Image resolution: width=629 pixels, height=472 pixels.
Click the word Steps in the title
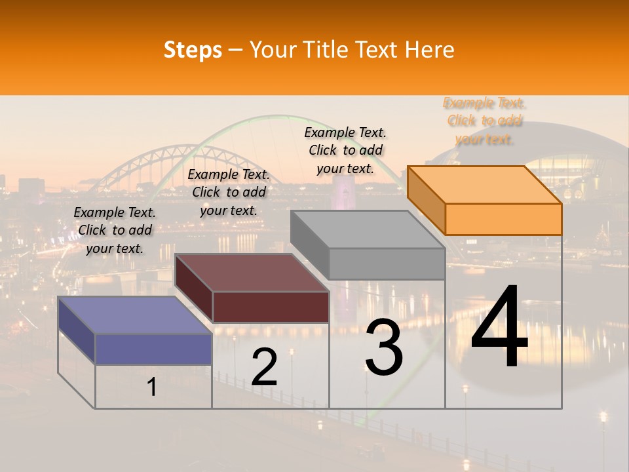(192, 50)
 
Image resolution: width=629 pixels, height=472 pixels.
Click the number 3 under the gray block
(384, 347)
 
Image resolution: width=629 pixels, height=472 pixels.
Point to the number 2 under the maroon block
(264, 367)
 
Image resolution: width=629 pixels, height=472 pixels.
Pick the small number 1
(152, 387)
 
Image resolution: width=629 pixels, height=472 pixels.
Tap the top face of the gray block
(367, 229)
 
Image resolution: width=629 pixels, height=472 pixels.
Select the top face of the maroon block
(252, 273)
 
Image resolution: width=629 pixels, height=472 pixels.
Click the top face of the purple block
(134, 315)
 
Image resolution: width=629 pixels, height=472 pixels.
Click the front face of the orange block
(503, 219)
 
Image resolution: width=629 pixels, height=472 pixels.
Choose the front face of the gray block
(387, 264)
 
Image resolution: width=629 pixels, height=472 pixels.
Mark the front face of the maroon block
(271, 307)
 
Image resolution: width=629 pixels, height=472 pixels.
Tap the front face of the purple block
(153, 349)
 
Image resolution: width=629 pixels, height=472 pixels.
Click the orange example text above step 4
(485, 121)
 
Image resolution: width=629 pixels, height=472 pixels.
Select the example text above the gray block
(345, 150)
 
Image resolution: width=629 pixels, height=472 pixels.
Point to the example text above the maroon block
(229, 192)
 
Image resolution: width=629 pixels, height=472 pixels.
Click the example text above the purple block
(115, 230)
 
